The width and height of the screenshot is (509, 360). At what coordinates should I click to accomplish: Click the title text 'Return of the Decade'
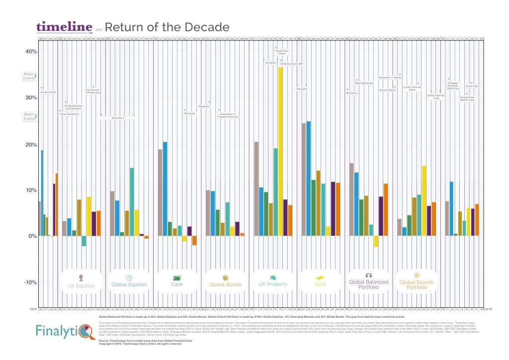(x=167, y=27)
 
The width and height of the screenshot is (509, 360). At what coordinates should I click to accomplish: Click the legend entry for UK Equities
(x=85, y=281)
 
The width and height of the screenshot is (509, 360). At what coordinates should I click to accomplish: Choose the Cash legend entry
(x=176, y=281)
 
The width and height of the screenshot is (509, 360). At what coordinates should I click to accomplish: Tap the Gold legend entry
(x=320, y=281)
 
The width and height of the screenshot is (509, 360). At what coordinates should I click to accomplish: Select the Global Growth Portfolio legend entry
(x=417, y=281)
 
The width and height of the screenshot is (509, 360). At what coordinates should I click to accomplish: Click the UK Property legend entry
(x=272, y=281)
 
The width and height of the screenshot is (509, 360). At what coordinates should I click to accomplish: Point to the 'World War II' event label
(x=118, y=118)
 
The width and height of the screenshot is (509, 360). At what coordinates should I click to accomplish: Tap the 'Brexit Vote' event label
(x=472, y=86)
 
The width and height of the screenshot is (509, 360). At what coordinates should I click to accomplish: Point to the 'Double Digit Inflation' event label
(x=282, y=52)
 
